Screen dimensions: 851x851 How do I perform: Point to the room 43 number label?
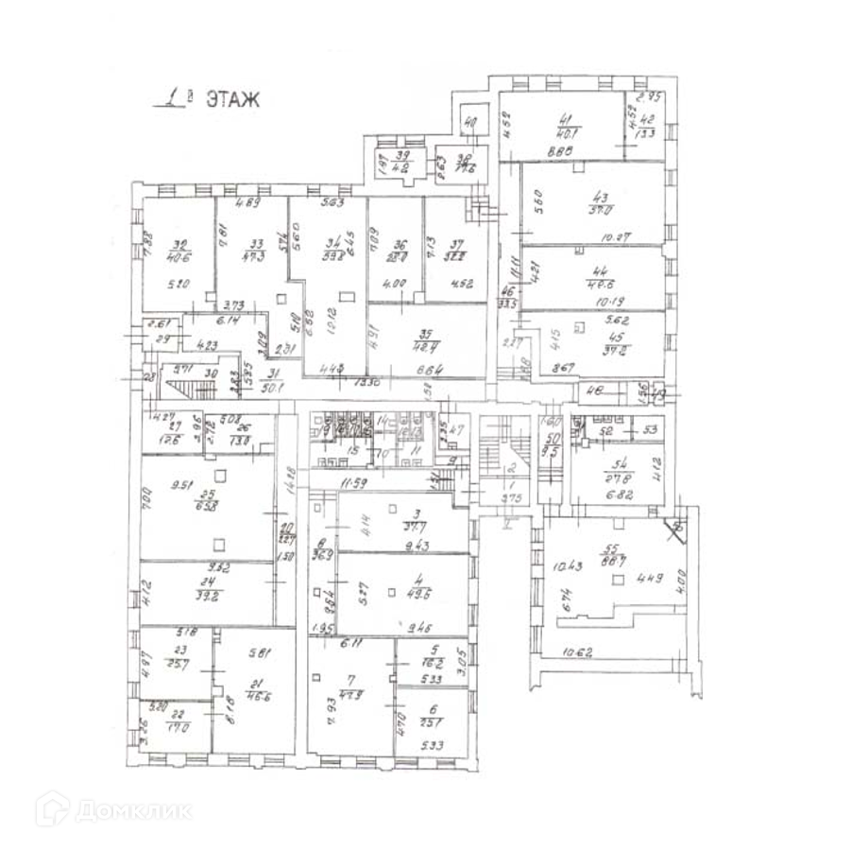598,198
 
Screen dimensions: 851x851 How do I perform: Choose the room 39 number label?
402,156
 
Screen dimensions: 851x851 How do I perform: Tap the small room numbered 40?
472,122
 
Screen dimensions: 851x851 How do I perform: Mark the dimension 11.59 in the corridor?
352,484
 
